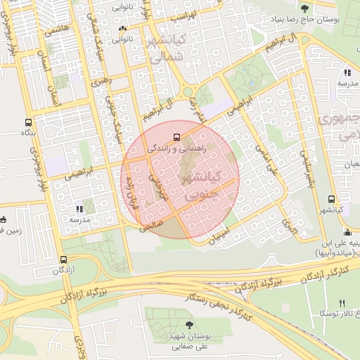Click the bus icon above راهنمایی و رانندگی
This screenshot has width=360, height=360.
point(176,136)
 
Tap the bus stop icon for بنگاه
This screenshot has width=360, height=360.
point(28,121)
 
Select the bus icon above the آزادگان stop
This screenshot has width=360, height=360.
point(64,259)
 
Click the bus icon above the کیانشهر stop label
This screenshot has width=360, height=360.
point(330,199)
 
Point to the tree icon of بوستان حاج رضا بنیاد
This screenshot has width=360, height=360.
point(304,8)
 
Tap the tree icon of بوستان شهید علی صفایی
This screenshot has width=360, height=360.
point(188,324)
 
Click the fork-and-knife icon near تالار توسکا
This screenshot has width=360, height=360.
point(342,303)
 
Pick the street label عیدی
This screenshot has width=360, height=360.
point(289,226)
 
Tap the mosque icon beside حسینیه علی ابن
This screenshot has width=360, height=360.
point(346,233)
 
